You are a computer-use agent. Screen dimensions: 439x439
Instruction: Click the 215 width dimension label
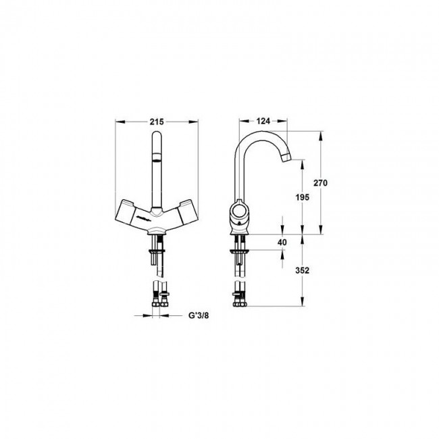[x=157, y=122]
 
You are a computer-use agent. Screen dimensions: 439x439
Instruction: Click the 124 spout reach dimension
[x=263, y=121]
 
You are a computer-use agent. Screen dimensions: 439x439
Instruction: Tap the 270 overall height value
[x=320, y=183]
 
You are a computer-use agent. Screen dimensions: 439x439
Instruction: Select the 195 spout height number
[x=303, y=197]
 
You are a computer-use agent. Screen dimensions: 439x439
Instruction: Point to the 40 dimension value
[x=282, y=242]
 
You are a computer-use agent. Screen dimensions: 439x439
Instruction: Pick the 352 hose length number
[x=303, y=270]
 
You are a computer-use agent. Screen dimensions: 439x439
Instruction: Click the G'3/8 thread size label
[x=199, y=315]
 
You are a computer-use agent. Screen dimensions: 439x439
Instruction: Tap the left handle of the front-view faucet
[x=126, y=212]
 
